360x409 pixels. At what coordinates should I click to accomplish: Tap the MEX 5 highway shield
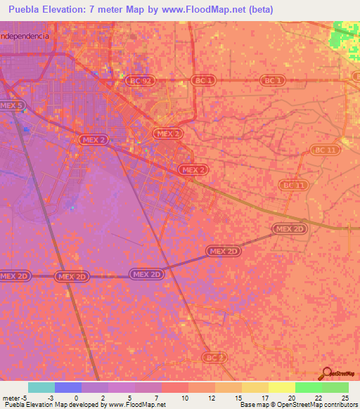tap(11, 105)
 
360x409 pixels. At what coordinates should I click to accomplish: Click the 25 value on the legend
tap(345, 397)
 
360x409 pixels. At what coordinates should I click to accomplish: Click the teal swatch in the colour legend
tap(41, 387)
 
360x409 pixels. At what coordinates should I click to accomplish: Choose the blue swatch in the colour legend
tap(68, 387)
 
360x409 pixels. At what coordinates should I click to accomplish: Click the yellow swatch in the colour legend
tap(281, 387)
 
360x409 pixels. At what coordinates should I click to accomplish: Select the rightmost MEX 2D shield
tap(290, 229)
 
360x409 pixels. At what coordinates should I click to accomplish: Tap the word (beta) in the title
tap(259, 10)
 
